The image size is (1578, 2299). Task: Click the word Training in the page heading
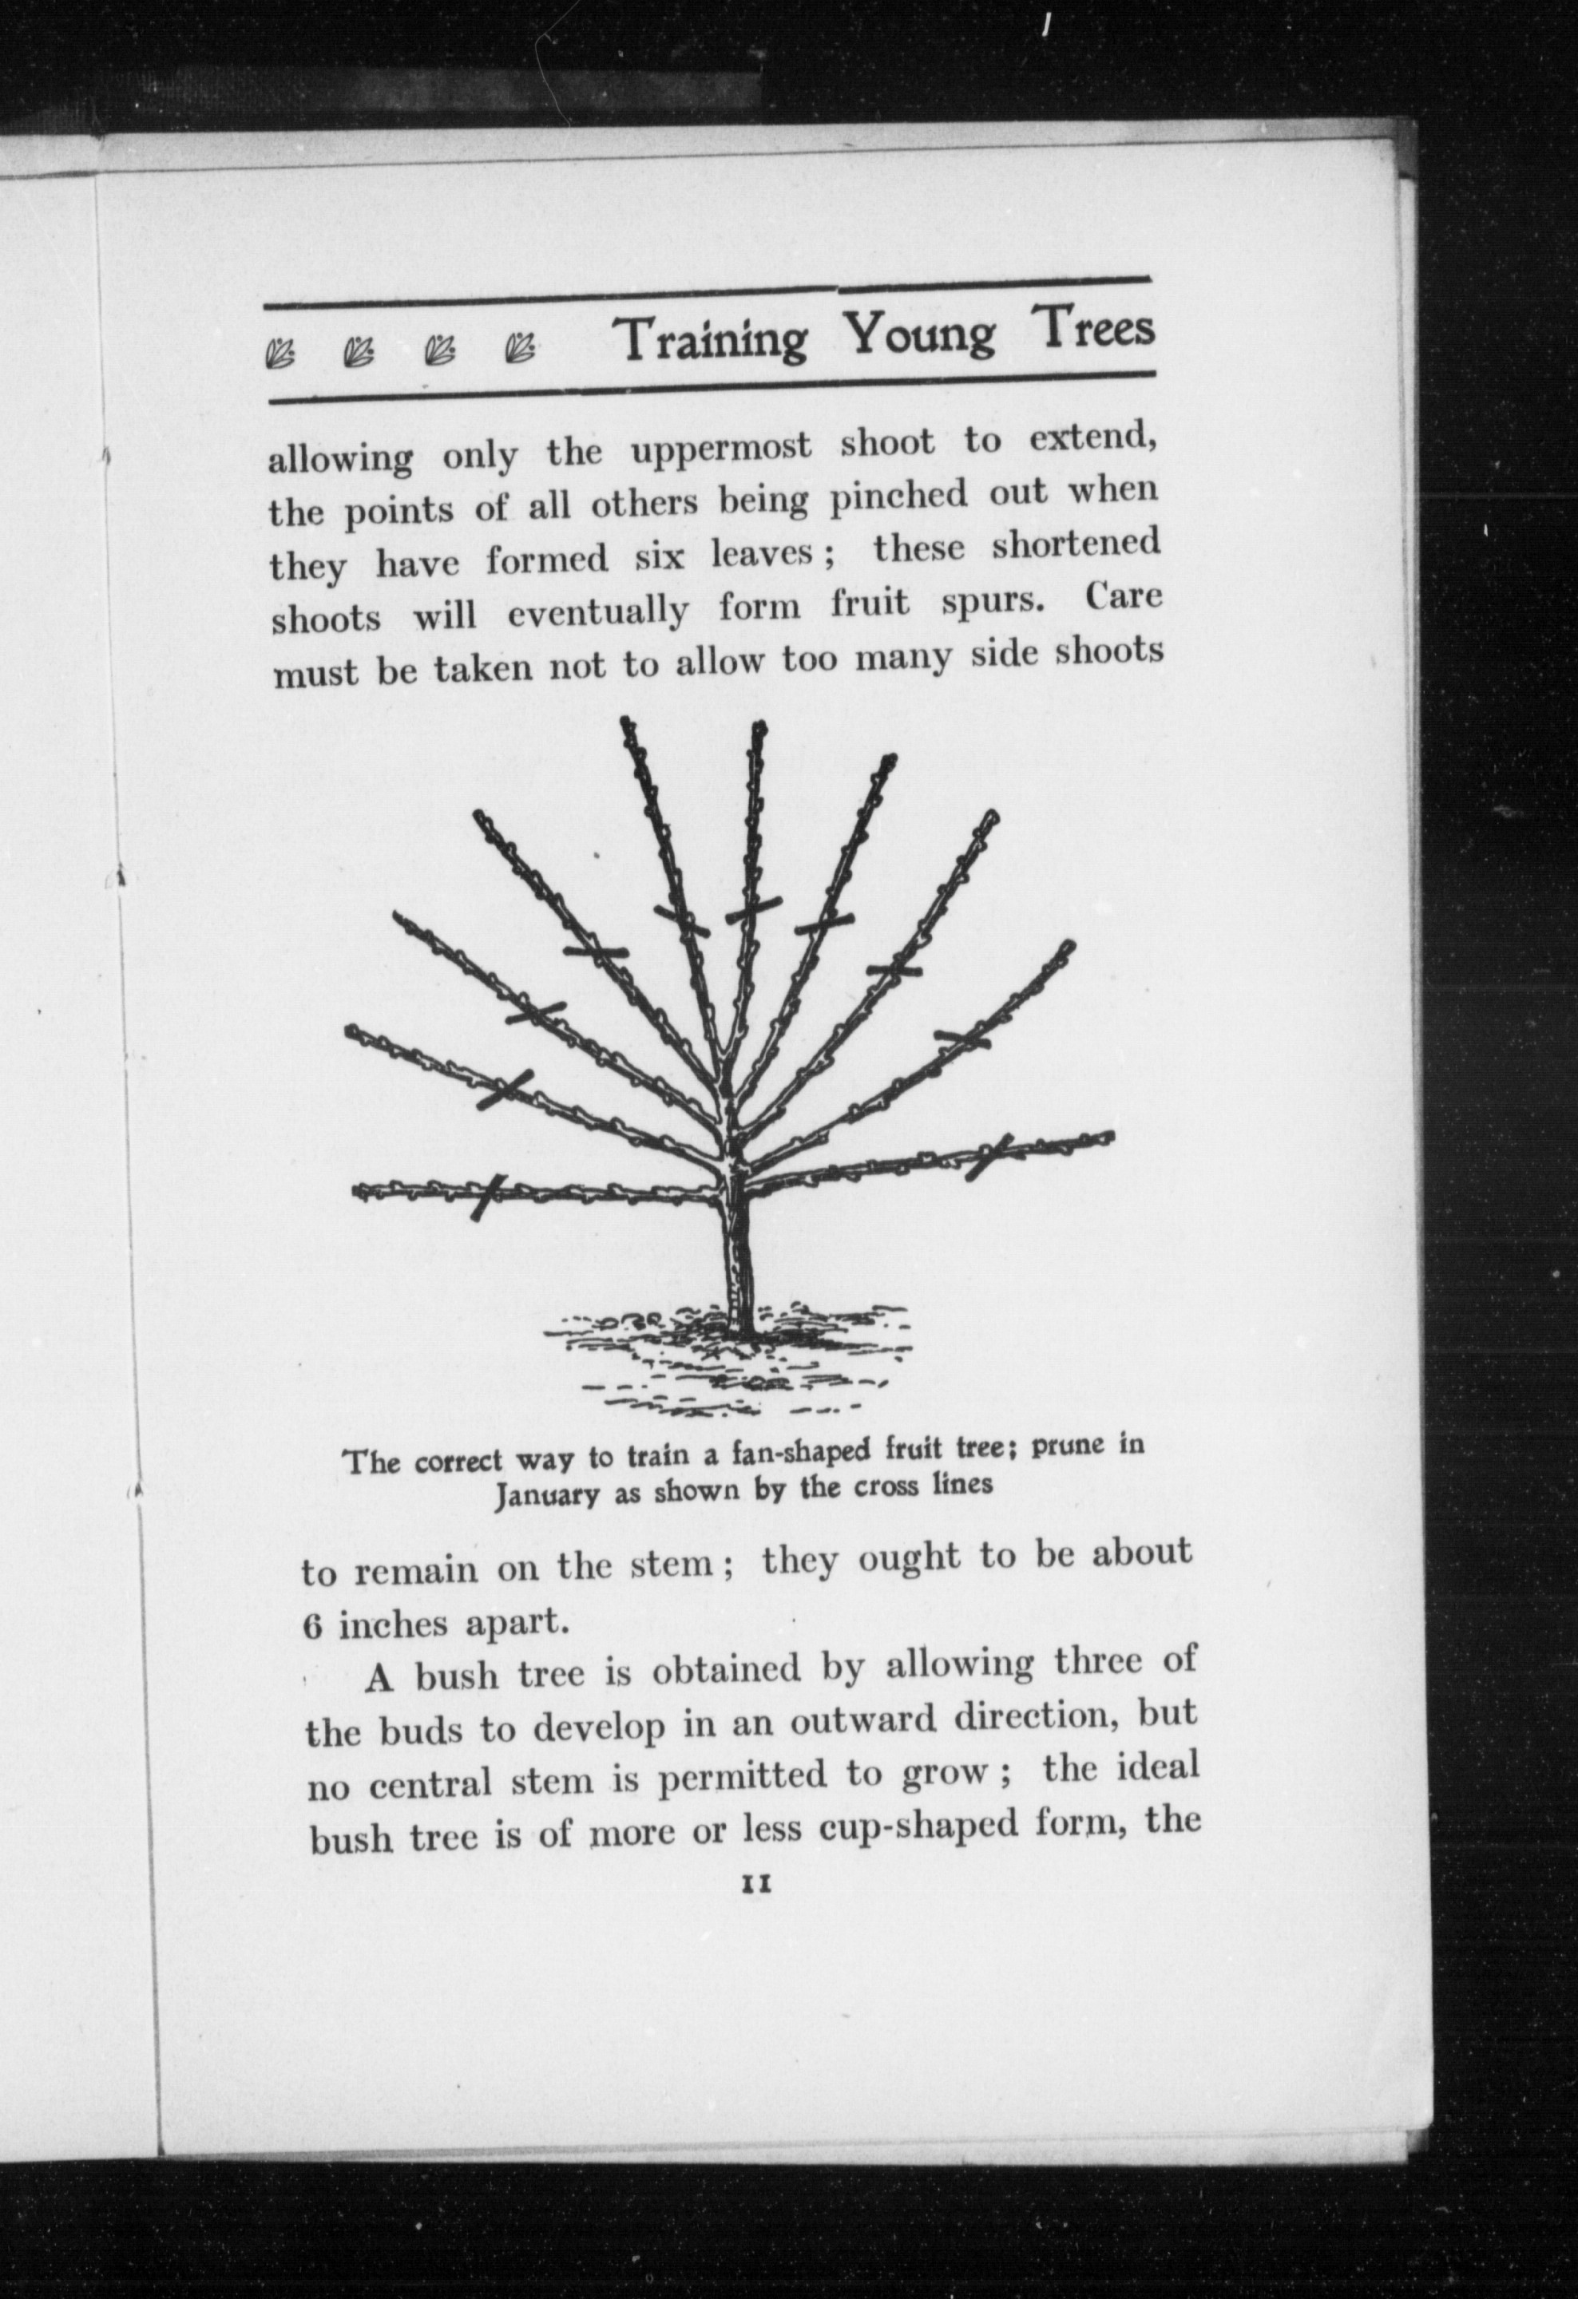pyautogui.click(x=712, y=339)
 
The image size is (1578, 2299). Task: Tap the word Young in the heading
pyautogui.click(x=919, y=334)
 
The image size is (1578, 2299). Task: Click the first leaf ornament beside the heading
pyautogui.click(x=281, y=351)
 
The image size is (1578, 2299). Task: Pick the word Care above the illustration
pyautogui.click(x=1122, y=598)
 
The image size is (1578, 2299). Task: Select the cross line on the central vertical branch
pyautogui.click(x=754, y=909)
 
